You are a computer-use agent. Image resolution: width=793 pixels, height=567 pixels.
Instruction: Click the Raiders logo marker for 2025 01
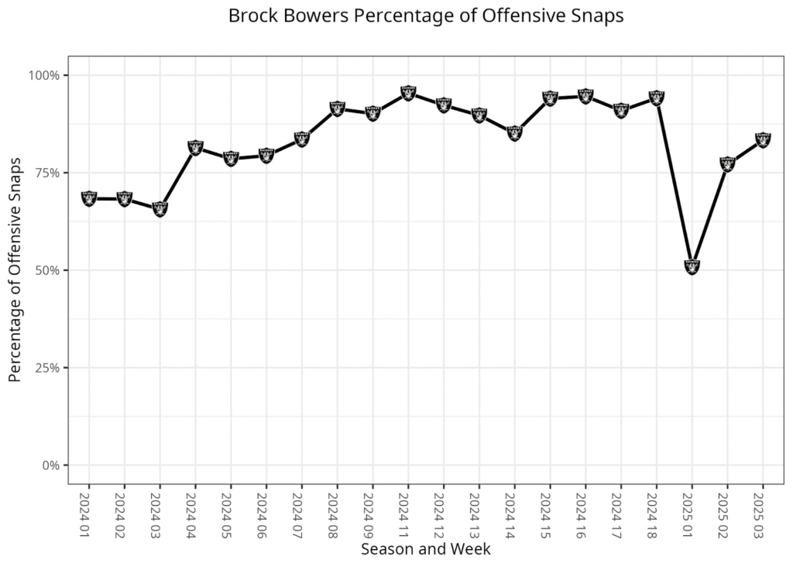(x=692, y=266)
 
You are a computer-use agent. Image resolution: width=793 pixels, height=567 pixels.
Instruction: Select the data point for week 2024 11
(x=408, y=93)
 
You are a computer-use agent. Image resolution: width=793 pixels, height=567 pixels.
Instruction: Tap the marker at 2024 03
(x=160, y=208)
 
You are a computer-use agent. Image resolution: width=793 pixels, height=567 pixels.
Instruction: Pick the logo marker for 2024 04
(x=195, y=147)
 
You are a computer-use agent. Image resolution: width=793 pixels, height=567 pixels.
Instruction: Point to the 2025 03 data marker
(x=763, y=139)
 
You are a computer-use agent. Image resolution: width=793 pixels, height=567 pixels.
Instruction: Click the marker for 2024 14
(x=514, y=132)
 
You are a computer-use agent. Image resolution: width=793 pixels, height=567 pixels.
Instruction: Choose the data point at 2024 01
(x=89, y=198)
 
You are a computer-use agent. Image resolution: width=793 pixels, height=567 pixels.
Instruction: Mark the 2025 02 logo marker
(x=727, y=163)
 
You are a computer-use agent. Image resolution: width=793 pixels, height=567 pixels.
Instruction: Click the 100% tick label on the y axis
(x=45, y=75)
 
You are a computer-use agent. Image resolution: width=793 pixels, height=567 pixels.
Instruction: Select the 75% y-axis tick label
(x=48, y=173)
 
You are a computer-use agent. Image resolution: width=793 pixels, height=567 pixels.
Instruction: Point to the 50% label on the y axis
(x=48, y=270)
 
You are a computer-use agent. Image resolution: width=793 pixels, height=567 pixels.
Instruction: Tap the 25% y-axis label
(x=48, y=368)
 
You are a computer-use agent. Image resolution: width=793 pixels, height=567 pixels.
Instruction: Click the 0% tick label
(x=51, y=466)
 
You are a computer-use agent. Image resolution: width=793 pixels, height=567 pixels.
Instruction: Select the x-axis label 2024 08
(x=337, y=513)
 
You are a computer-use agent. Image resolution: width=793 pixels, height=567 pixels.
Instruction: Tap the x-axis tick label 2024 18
(x=657, y=513)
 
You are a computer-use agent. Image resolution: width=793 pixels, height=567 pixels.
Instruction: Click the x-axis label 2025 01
(x=692, y=513)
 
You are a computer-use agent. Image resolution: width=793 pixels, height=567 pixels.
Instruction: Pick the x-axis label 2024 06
(x=266, y=513)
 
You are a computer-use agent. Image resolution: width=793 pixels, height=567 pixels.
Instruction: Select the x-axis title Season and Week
(x=425, y=549)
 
